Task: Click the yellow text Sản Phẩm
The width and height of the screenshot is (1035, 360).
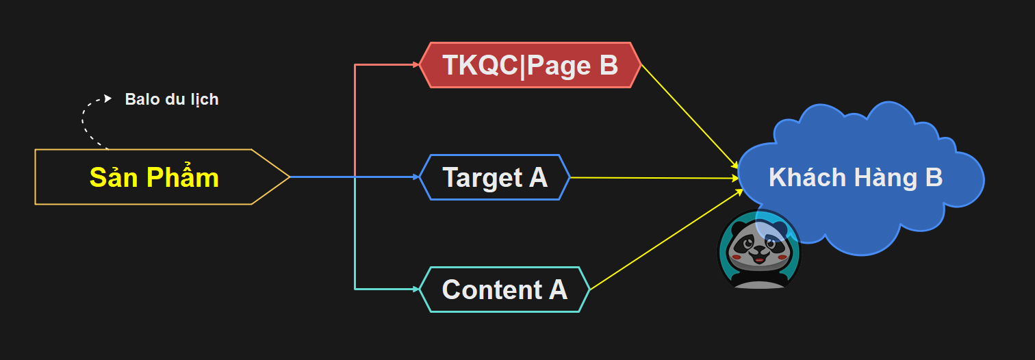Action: pos(154,177)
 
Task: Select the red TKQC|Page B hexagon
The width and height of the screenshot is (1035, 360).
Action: pos(530,65)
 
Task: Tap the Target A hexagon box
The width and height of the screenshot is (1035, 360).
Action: pos(495,177)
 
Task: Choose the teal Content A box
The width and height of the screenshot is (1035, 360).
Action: pos(504,290)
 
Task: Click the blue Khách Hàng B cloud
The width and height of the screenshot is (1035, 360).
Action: pos(861,178)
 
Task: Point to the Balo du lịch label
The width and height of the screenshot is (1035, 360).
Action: pos(172,99)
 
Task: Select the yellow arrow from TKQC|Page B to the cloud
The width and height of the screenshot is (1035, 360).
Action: pos(690,117)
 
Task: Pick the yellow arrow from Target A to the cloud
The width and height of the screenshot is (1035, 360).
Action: pos(654,178)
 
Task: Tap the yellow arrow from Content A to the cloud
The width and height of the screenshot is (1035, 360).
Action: pos(666,240)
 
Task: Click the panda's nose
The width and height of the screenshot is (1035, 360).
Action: pos(758,250)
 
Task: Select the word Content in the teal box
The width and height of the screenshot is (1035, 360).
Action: pos(491,290)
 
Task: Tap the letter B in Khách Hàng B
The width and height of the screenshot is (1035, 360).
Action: pos(934,177)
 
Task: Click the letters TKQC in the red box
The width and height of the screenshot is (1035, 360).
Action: pos(481,65)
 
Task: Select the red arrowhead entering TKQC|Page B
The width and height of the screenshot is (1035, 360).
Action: pos(416,65)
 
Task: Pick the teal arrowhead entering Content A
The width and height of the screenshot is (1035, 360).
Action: pos(416,290)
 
